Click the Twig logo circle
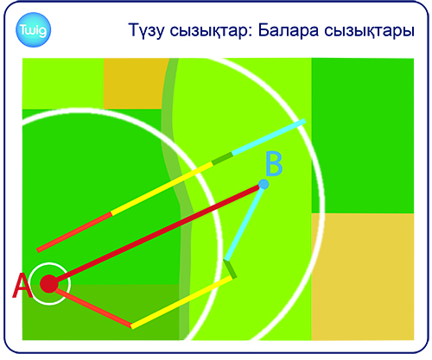coord(33,29)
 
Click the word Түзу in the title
coord(146,30)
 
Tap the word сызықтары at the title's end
coord(369,31)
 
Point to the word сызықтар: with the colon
coord(211,31)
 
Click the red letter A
coord(22,286)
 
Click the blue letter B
coord(274,163)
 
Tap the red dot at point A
coord(49,284)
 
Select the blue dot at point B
coord(264,184)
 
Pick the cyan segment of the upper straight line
coord(269,137)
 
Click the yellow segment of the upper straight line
coord(162,188)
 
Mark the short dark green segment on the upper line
coord(222,159)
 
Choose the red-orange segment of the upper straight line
coord(74,231)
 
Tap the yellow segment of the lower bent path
coord(181,302)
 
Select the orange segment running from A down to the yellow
coord(93,308)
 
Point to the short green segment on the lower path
coord(230,268)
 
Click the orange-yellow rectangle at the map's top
coord(136,84)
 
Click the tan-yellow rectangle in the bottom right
coord(363,277)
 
